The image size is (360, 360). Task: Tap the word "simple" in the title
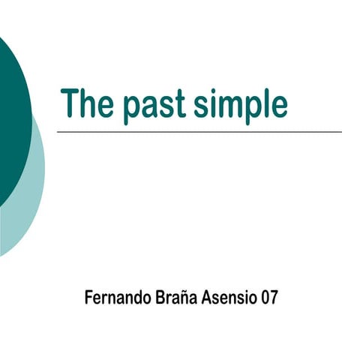[240, 105]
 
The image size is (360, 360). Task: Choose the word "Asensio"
[229, 297]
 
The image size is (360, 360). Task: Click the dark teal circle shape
[11, 112]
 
